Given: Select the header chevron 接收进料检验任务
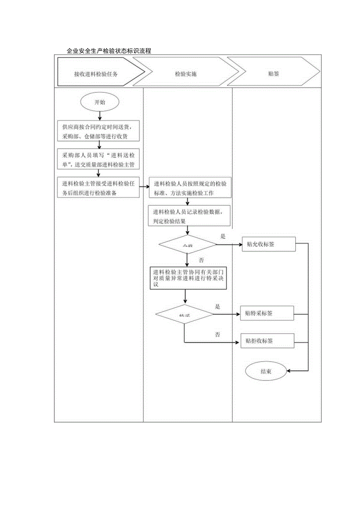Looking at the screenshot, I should click(96, 72).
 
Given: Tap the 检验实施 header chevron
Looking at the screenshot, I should click(186, 72).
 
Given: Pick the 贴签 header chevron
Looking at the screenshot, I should click(274, 72).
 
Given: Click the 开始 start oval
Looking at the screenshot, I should click(100, 102).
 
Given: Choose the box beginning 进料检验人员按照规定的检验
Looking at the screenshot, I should click(190, 188).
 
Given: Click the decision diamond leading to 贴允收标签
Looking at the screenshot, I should click(187, 245).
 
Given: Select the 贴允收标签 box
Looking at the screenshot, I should click(268, 245).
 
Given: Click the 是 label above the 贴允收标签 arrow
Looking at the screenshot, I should click(223, 236).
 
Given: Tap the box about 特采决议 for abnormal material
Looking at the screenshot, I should click(189, 278).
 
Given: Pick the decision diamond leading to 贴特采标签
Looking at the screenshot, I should click(184, 314).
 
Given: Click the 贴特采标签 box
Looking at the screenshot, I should click(267, 313).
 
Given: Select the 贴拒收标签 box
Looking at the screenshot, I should click(267, 341).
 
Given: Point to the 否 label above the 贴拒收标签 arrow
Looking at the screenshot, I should click(218, 335).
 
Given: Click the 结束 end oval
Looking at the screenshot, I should click(266, 371).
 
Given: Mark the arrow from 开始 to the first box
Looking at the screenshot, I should click(100, 115).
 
